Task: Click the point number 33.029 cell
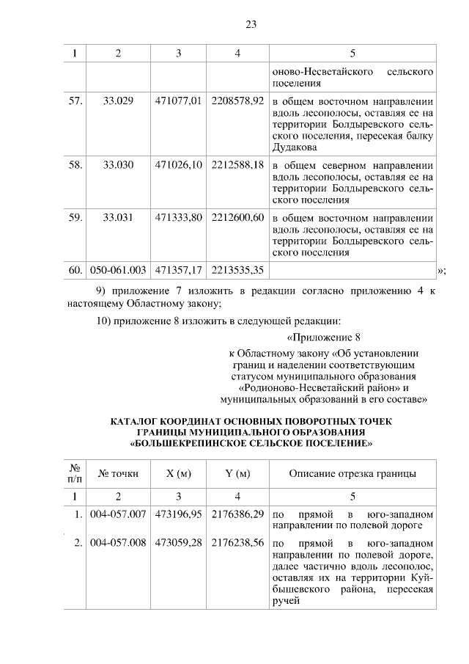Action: [x=119, y=101]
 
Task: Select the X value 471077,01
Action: [x=178, y=101]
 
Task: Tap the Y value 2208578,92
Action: [x=237, y=101]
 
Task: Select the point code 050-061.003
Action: [x=119, y=271]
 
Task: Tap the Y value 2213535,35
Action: [x=237, y=271]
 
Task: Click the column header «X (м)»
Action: [x=178, y=473]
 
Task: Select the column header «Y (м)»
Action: [x=237, y=473]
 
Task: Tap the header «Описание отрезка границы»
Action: [x=352, y=473]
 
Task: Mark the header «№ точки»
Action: [x=119, y=473]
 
